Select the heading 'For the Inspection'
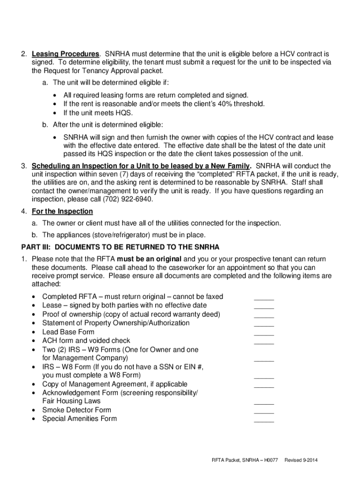pos(62,211)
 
